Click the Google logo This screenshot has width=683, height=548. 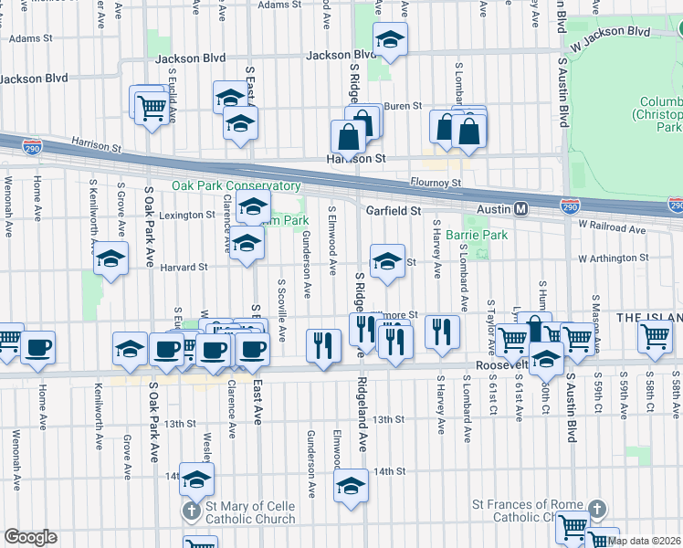tap(30, 537)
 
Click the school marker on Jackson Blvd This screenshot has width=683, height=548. tap(390, 40)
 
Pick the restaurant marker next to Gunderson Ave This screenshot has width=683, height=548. tap(323, 346)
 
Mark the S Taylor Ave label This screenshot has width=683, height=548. tap(491, 327)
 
